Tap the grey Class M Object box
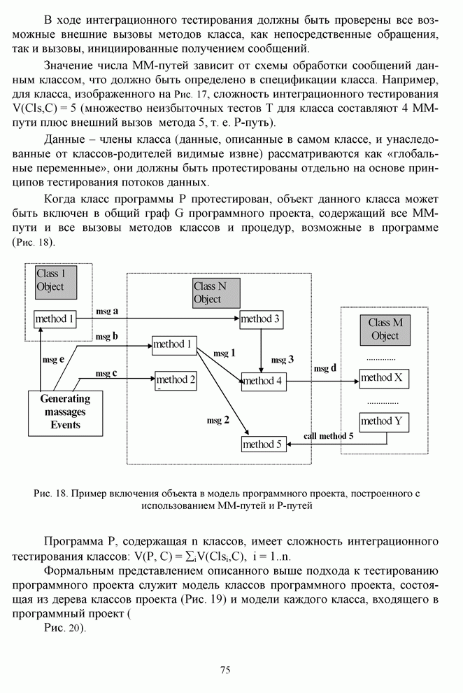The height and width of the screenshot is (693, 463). pyautogui.click(x=385, y=329)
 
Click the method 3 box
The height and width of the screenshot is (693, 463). pyautogui.click(x=260, y=320)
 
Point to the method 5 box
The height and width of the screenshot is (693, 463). pyautogui.click(x=263, y=444)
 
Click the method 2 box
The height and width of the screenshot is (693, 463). pyautogui.click(x=175, y=380)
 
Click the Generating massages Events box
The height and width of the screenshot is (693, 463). pyautogui.click(x=65, y=412)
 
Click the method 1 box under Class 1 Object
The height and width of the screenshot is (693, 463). pyautogui.click(x=55, y=319)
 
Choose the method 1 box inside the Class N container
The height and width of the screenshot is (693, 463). pyautogui.click(x=173, y=344)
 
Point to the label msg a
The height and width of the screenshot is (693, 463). pyautogui.click(x=107, y=310)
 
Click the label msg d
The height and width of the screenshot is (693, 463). pyautogui.click(x=325, y=368)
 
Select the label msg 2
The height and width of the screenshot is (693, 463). pyautogui.click(x=218, y=420)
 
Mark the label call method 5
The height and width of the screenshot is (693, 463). pyautogui.click(x=329, y=436)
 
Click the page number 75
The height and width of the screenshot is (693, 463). pyautogui.click(x=225, y=670)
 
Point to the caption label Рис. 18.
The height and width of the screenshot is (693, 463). pyautogui.click(x=50, y=493)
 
